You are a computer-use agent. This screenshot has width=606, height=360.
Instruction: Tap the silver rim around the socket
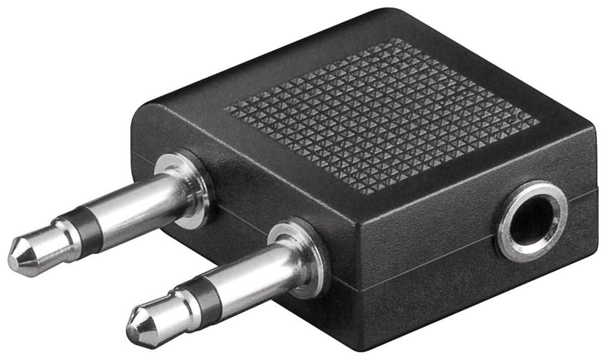pyautogui.click(x=505, y=237)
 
